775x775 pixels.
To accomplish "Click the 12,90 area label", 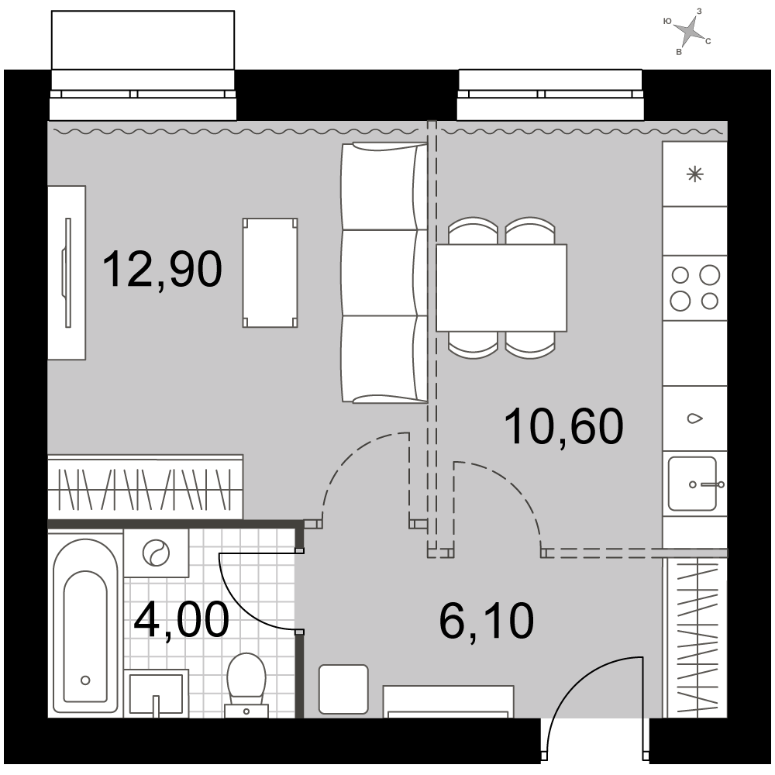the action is click(162, 270).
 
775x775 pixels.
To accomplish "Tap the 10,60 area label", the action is click(564, 427).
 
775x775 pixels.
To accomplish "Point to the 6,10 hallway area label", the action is click(487, 622).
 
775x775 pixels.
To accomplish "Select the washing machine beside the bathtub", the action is click(156, 553).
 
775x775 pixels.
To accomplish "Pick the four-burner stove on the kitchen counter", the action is click(694, 288).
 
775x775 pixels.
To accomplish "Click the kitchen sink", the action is click(692, 484).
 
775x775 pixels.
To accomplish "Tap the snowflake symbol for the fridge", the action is click(695, 174).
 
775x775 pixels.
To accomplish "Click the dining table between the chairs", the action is click(501, 288).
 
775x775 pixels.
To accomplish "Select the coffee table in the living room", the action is click(270, 273).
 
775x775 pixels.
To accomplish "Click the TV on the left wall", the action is click(67, 273).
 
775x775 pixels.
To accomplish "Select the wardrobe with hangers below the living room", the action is click(146, 487).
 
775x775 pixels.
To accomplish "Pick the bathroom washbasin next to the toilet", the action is click(156, 693).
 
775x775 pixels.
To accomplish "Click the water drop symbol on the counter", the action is click(695, 418).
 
